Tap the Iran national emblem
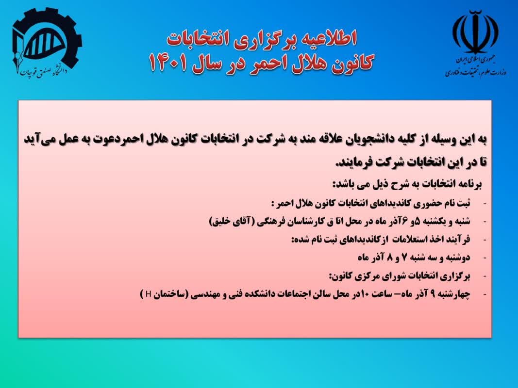[x=475, y=32]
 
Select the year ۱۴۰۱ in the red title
[x=168, y=63]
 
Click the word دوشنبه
[x=457, y=258]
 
